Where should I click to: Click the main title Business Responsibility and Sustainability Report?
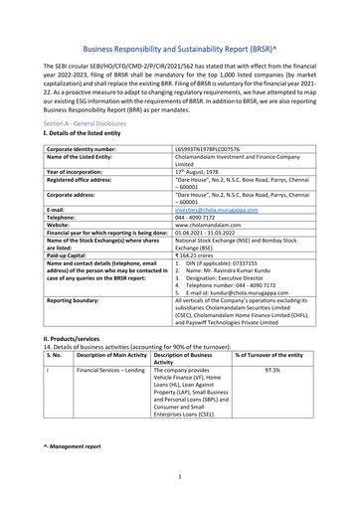(x=179, y=48)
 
